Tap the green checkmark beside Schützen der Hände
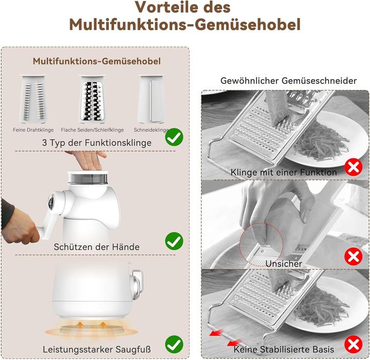click(174, 240)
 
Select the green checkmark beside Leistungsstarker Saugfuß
click(174, 343)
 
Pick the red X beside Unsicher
click(353, 255)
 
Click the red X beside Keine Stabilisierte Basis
click(353, 344)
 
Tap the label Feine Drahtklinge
click(33, 130)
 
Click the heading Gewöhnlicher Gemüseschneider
click(288, 81)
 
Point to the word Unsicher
click(284, 263)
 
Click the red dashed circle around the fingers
click(261, 244)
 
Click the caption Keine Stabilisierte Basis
click(284, 349)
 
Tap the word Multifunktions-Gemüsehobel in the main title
click(185, 24)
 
